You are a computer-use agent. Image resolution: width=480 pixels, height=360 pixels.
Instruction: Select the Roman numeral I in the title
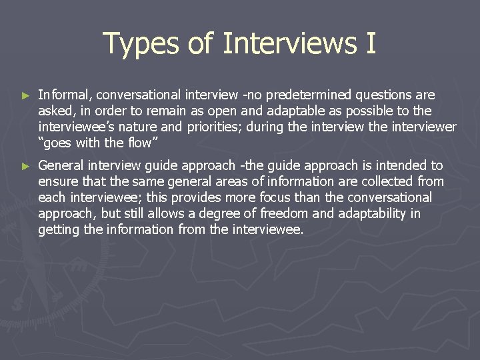371,44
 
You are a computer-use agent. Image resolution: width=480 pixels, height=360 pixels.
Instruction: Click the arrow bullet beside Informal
25,97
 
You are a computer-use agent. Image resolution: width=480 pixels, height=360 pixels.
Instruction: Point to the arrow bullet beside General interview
25,166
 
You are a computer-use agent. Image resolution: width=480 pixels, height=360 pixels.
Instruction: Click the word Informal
65,95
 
